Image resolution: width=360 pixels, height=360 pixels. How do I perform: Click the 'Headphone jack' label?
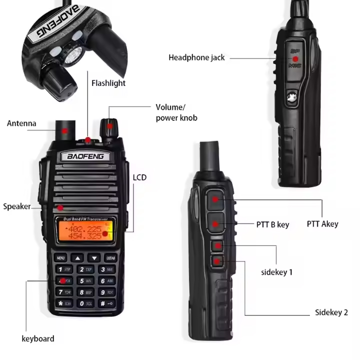click(196, 57)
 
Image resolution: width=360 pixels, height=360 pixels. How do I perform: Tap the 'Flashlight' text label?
click(108, 83)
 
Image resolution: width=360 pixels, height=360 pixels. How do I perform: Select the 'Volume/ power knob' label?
click(176, 112)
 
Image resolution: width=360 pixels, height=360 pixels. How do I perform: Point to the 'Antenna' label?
click(21, 123)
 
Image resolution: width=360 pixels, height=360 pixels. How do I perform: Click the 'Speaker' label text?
click(16, 206)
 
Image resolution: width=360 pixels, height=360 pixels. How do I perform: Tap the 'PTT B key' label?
click(272, 224)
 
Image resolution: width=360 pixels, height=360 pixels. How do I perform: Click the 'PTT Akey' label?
click(322, 224)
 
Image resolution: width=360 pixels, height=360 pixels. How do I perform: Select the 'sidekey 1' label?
click(277, 272)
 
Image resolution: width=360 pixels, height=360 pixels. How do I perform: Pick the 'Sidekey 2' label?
click(331, 312)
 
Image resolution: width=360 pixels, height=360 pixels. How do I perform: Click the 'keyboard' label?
click(38, 338)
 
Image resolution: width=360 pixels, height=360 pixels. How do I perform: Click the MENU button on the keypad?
click(61, 258)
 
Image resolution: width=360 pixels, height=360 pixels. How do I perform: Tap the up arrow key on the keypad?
click(77, 258)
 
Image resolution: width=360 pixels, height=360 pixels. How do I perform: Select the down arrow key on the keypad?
click(94, 258)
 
